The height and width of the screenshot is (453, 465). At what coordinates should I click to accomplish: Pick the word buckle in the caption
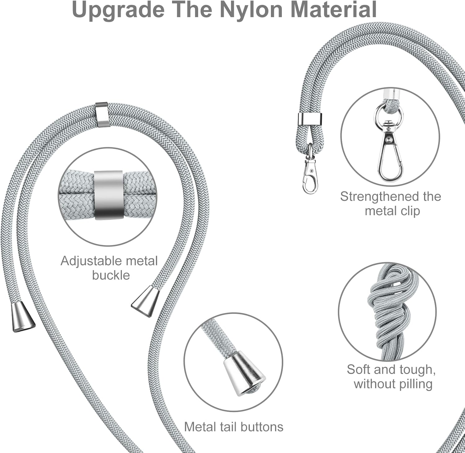tap(111, 275)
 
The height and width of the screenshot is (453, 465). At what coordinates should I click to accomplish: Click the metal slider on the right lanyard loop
tap(310, 118)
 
